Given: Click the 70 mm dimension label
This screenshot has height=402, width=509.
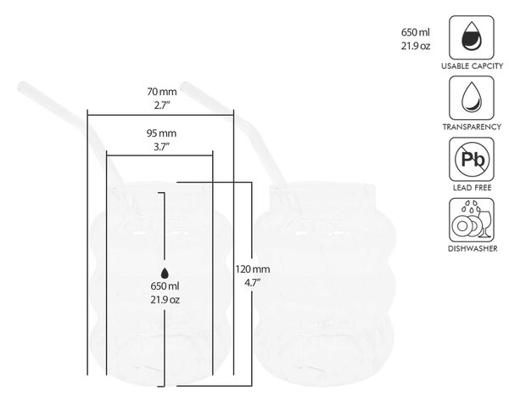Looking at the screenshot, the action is click(x=162, y=92).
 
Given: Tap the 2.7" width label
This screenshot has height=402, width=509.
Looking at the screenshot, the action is click(x=162, y=105).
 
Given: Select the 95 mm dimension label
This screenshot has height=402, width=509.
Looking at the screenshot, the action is click(x=161, y=133).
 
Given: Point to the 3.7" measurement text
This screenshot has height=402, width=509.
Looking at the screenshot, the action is click(x=161, y=147).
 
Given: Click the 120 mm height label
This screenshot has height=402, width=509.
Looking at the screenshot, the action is click(x=253, y=269).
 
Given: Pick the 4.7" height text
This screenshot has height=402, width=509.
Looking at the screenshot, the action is click(x=252, y=283).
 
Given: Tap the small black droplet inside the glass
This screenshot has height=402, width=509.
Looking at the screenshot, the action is click(x=165, y=274).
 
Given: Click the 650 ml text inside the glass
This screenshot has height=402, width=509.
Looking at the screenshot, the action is click(x=165, y=286).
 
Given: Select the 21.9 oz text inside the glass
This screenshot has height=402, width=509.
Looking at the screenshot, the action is click(x=165, y=299).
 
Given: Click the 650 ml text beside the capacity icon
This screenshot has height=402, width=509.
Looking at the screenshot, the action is click(x=415, y=32).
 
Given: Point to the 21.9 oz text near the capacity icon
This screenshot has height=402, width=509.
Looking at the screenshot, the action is click(x=416, y=46).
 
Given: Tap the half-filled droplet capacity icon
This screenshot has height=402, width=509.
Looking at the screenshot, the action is click(x=472, y=37).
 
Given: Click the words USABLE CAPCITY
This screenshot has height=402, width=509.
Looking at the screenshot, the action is click(x=472, y=66).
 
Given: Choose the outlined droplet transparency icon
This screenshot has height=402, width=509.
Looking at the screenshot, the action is click(x=472, y=98).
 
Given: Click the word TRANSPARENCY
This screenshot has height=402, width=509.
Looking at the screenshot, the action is click(x=472, y=127).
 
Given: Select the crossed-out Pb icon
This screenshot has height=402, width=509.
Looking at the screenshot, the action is click(x=472, y=159).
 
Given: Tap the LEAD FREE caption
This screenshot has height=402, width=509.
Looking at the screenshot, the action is click(x=472, y=188).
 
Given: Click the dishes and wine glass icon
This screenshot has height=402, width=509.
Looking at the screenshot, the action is click(x=472, y=220).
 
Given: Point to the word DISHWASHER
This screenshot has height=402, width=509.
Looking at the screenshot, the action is click(x=473, y=249).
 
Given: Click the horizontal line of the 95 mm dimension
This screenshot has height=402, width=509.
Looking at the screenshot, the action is click(x=159, y=156).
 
